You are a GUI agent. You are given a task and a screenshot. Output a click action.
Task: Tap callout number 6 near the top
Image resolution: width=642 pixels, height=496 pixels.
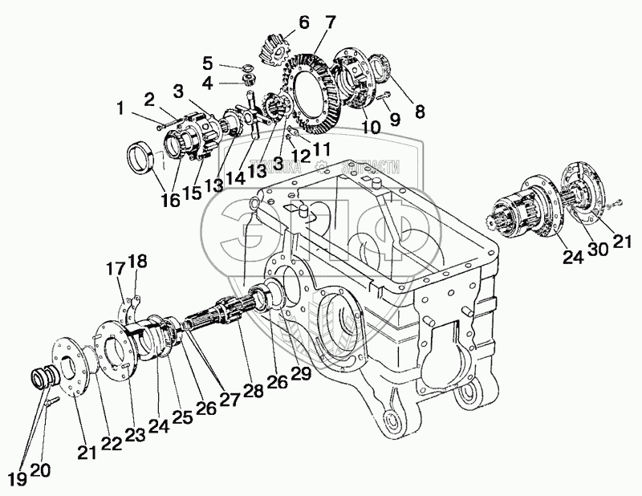pyautogui.click(x=280, y=22)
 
